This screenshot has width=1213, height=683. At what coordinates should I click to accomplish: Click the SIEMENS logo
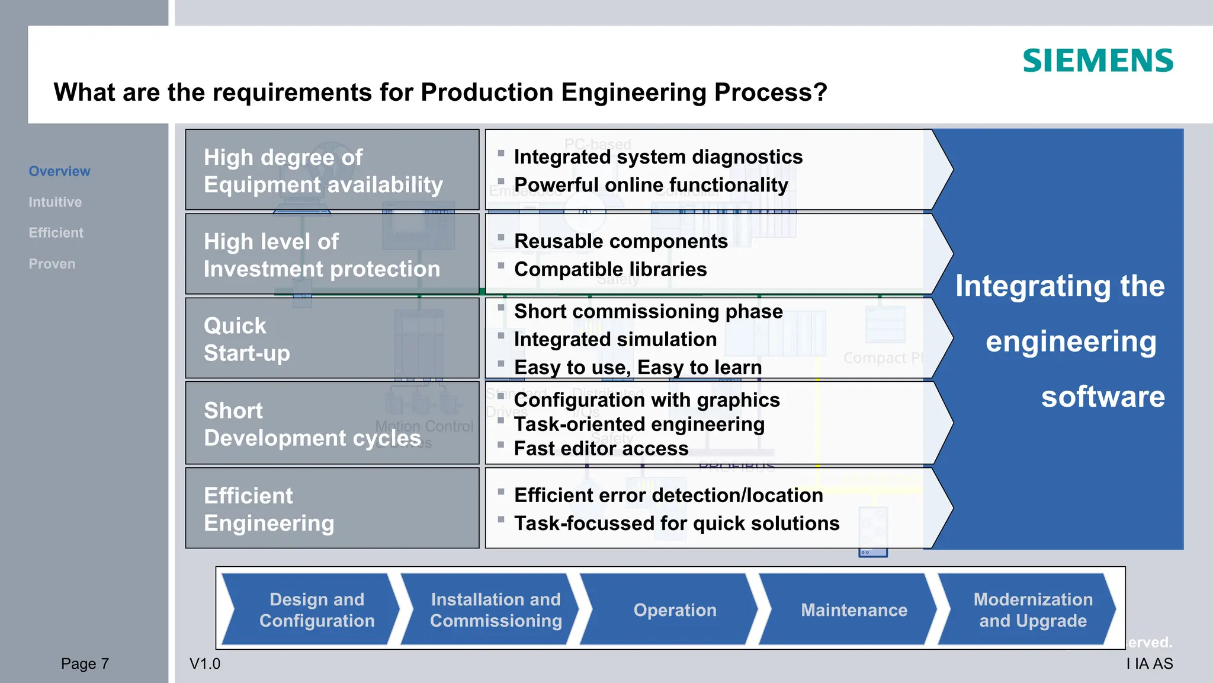[1098, 60]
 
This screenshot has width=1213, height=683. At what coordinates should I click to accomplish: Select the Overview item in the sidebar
[59, 171]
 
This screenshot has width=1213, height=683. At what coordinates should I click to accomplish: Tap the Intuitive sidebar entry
[55, 202]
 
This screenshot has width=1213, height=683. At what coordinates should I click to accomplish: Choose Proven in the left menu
[52, 264]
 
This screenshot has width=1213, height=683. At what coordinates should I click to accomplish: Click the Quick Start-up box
[332, 339]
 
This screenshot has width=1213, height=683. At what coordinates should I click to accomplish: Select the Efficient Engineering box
[332, 509]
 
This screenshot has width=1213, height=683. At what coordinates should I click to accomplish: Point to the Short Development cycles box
[332, 423]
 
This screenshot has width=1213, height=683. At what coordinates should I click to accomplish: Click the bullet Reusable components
[620, 241]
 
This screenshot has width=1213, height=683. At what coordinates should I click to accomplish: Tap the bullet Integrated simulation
[615, 339]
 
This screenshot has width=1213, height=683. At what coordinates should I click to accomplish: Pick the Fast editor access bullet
[601, 449]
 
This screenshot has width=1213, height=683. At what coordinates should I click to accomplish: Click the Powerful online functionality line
[650, 185]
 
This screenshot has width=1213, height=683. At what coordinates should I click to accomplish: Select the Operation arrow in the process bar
[675, 610]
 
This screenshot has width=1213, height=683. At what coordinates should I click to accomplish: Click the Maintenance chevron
[853, 610]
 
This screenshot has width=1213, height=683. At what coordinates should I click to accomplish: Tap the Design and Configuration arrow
[317, 610]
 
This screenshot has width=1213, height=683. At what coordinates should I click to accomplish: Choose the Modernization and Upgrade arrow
[1032, 610]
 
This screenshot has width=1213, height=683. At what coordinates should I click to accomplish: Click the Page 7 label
[85, 663]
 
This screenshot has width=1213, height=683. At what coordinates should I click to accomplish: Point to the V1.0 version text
[205, 663]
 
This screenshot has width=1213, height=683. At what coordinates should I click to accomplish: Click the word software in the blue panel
[1102, 397]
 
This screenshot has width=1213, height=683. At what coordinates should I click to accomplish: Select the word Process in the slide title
[770, 92]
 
